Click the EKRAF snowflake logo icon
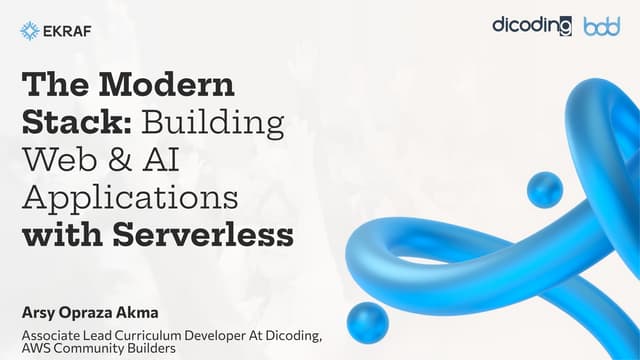(29, 31)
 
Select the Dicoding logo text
(532, 25)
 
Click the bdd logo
(602, 26)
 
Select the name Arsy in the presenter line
(37, 306)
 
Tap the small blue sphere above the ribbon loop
(544, 189)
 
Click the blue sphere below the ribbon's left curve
(367, 323)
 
